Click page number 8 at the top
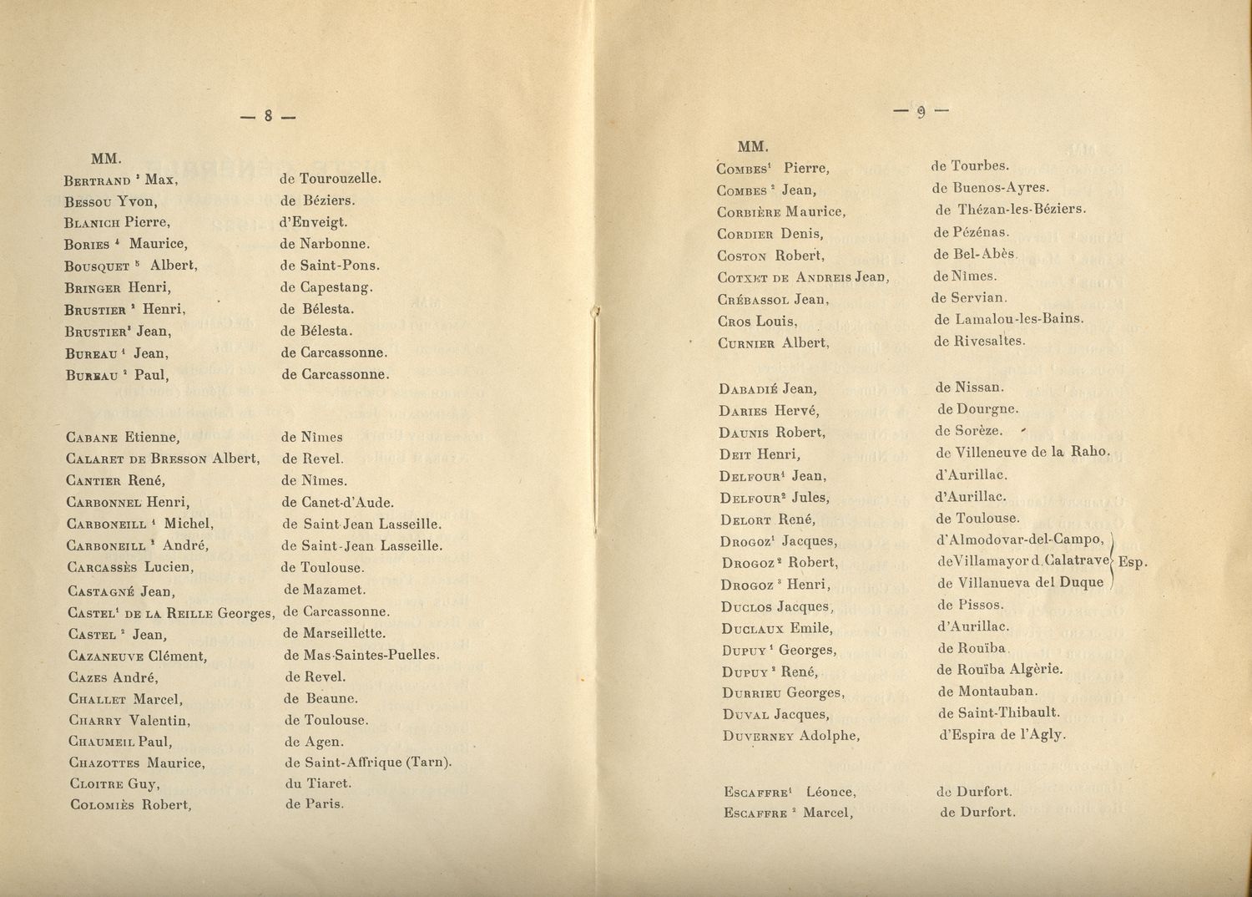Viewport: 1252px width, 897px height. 268,117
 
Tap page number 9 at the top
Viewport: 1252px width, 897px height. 921,111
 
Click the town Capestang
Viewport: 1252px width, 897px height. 336,287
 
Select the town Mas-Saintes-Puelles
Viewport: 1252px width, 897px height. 371,656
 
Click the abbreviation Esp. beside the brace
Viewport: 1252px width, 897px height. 1132,562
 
